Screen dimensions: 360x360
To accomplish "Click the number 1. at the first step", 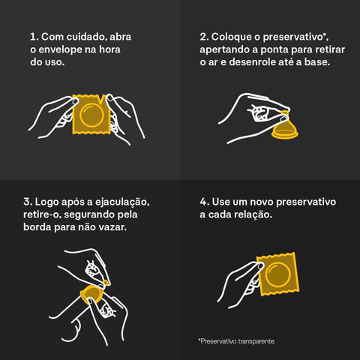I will [34, 36].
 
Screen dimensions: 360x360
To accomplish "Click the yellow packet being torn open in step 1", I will [91, 115].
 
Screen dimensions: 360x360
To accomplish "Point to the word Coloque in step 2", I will [232, 36].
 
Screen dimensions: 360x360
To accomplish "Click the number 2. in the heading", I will [204, 36].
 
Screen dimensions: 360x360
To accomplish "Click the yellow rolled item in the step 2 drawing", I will [284, 130].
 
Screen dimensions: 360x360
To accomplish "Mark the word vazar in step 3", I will [111, 229].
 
